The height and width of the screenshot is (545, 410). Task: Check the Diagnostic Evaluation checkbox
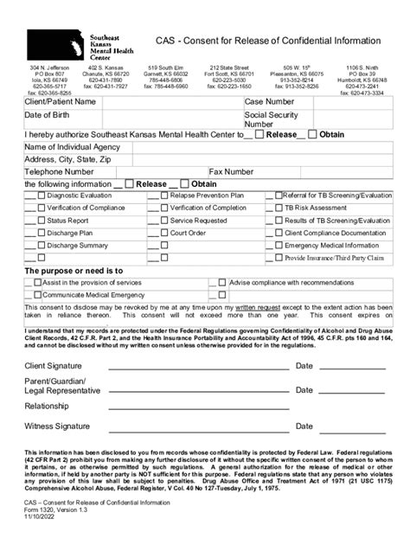pyautogui.click(x=40, y=196)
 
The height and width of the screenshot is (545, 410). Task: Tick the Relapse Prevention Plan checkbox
pyautogui.click(x=163, y=196)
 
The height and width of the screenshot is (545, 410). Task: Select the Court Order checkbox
pyautogui.click(x=163, y=233)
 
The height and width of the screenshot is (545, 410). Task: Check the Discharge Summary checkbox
pyautogui.click(x=40, y=246)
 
